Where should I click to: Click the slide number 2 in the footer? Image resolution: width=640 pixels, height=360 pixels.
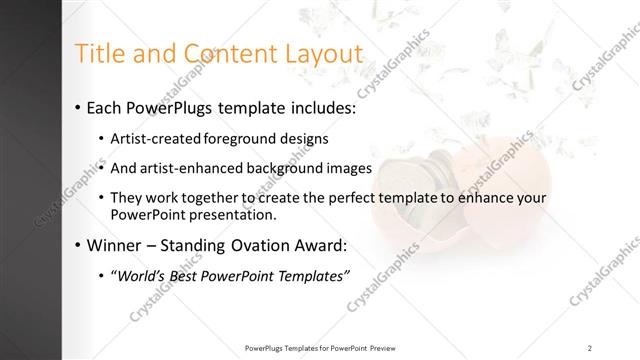click(590, 347)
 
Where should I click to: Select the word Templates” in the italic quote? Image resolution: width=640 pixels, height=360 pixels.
click(311, 276)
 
